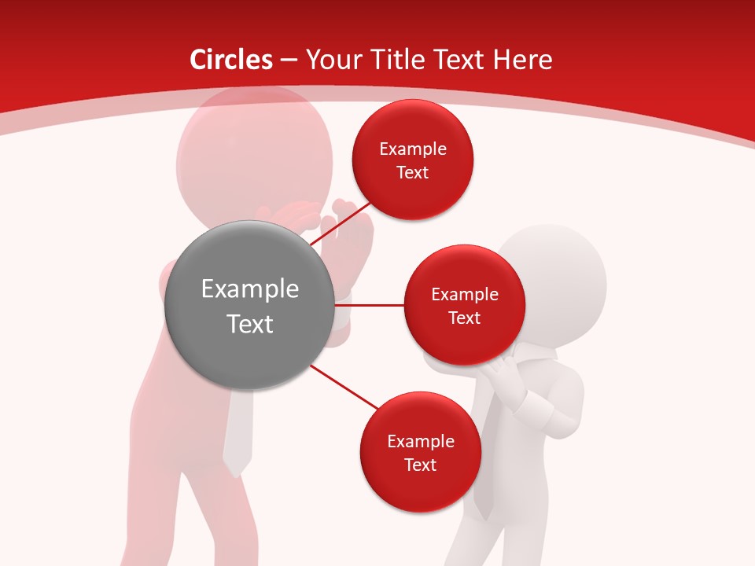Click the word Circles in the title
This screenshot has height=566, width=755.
pyautogui.click(x=231, y=60)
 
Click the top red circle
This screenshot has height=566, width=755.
pyautogui.click(x=413, y=160)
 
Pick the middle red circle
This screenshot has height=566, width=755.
pyautogui.click(x=465, y=305)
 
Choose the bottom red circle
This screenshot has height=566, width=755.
pyautogui.click(x=420, y=453)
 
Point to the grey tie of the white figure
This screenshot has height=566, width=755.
pyautogui.click(x=488, y=472)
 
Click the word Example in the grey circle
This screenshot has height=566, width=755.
pyautogui.click(x=250, y=289)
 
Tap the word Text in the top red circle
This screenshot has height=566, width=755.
pyautogui.click(x=413, y=172)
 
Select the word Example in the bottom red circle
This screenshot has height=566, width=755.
pyautogui.click(x=420, y=441)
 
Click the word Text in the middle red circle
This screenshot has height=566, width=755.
pyautogui.click(x=465, y=318)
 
